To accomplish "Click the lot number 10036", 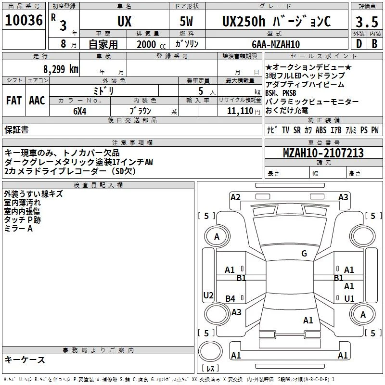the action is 24,20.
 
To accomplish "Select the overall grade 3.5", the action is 367,22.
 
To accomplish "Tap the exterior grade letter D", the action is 359,44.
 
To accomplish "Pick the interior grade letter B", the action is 375,44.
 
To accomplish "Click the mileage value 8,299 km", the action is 61,69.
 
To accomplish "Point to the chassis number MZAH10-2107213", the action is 323,153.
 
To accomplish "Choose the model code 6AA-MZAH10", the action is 276,44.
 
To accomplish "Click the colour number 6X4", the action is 80,111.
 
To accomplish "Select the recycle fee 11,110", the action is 240,111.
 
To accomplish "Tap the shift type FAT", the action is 14,101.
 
